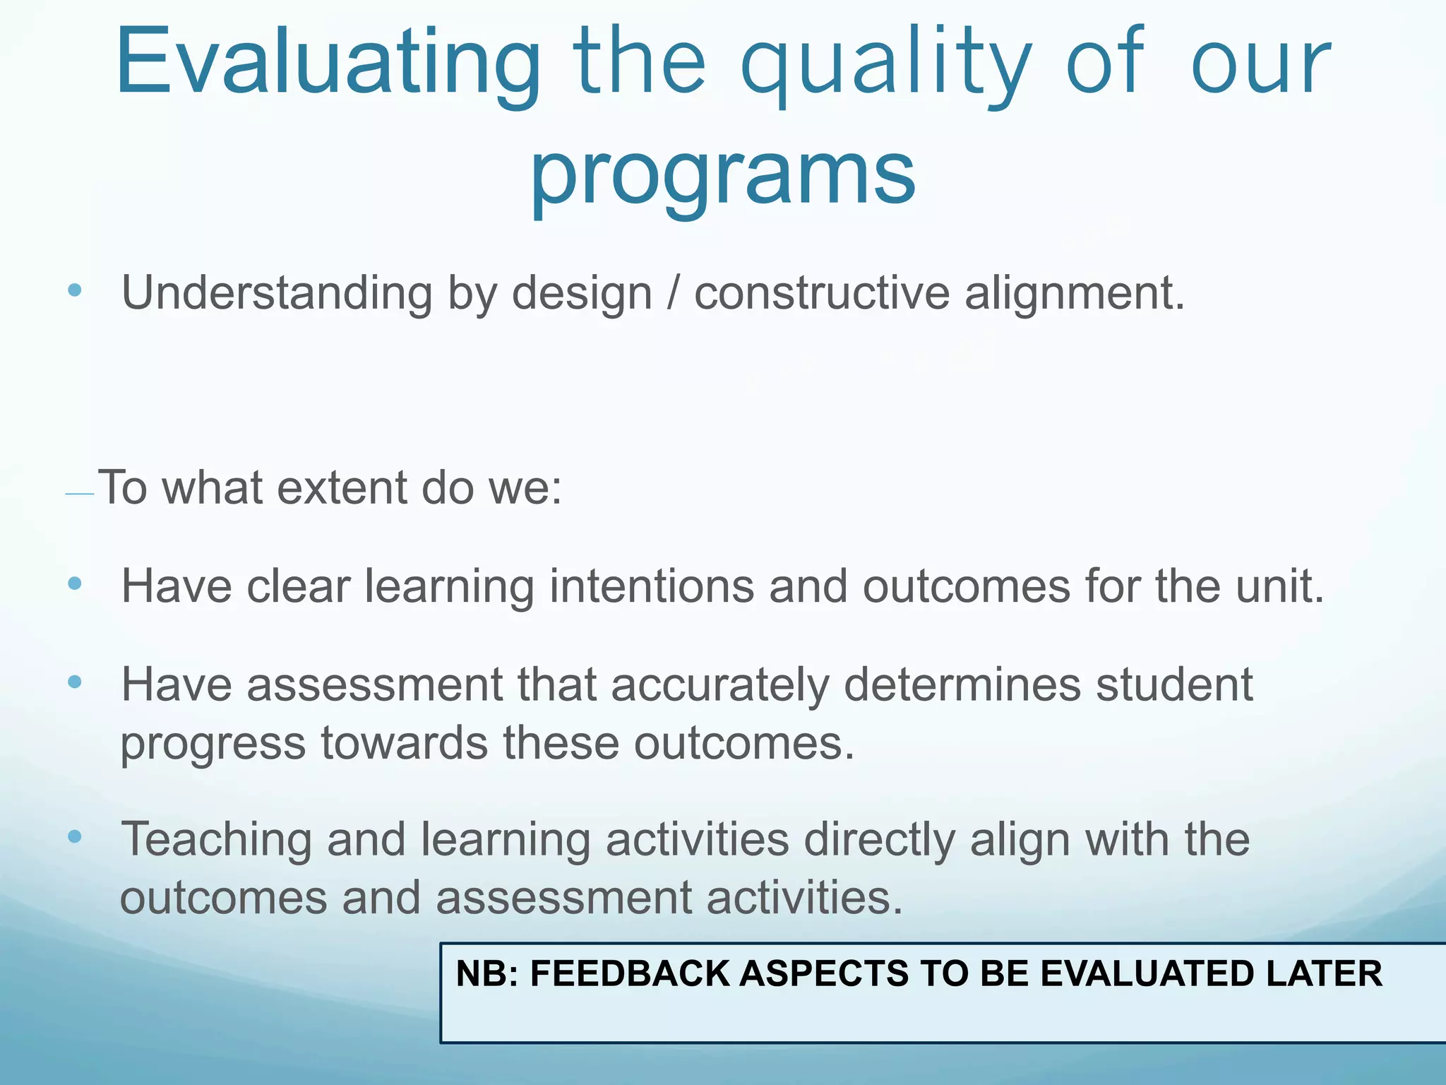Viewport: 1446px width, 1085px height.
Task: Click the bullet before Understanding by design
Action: [x=75, y=291]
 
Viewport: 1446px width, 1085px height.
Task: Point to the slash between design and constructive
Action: [x=673, y=292]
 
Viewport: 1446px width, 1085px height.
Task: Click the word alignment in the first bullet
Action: [x=1073, y=292]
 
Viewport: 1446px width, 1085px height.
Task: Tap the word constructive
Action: [x=821, y=292]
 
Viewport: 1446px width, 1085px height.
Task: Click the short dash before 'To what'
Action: [x=79, y=494]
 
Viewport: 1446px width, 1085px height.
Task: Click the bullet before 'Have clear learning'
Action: [x=75, y=584]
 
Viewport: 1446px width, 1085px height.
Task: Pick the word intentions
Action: [x=651, y=586]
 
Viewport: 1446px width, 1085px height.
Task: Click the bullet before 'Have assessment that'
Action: [x=75, y=682]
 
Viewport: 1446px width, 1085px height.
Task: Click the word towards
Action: [x=404, y=743]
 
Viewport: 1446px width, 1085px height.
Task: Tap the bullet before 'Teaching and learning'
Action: [x=75, y=838]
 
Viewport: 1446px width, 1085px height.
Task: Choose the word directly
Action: [x=879, y=841]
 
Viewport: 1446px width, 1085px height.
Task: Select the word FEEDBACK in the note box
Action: [x=630, y=973]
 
